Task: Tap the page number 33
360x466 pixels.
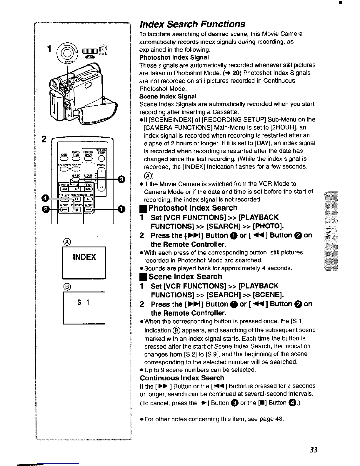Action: [x=314, y=450]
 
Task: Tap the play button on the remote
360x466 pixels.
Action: [x=76, y=189]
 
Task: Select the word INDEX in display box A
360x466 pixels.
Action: [x=84, y=257]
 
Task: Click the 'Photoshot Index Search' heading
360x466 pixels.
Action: [x=193, y=208]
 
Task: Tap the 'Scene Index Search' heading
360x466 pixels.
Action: [x=185, y=277]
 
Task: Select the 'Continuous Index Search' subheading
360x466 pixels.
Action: [x=182, y=378]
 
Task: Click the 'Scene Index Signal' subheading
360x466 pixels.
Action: [x=168, y=96]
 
